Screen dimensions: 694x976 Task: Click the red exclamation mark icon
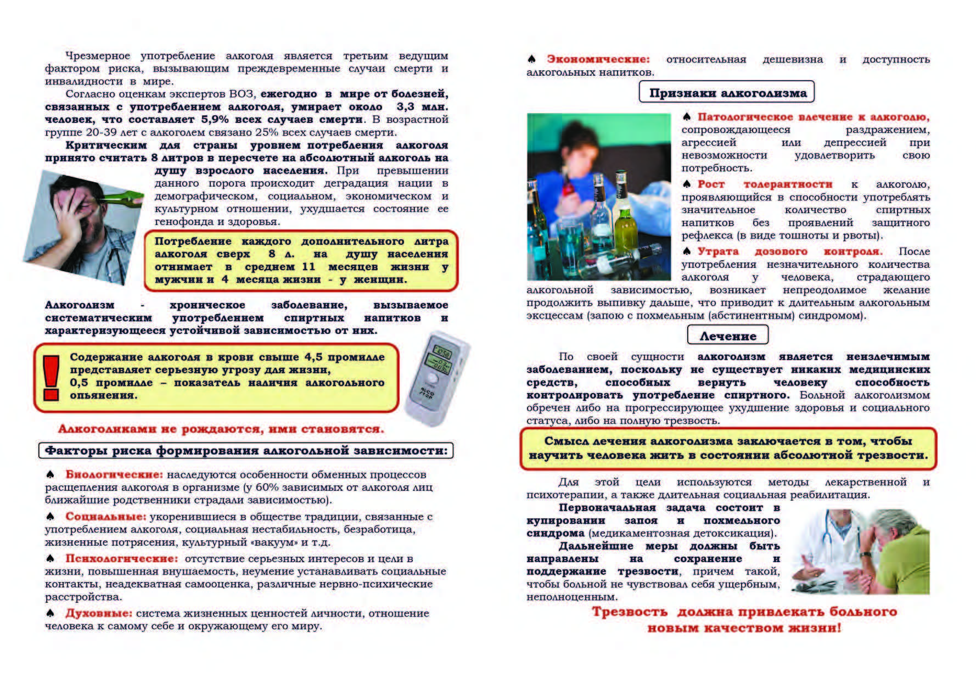[51, 377]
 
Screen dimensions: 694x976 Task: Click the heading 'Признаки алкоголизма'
[727, 93]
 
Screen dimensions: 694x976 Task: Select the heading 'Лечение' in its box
[727, 335]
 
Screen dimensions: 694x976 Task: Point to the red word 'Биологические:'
[114, 474]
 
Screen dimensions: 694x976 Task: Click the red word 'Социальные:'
[105, 517]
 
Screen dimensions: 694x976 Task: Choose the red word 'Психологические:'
[121, 558]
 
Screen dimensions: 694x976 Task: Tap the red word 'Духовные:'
[99, 613]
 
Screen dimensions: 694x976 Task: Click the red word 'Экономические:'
[598, 59]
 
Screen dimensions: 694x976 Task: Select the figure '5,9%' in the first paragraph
[215, 120]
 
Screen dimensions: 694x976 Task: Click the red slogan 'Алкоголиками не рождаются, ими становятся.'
[221, 429]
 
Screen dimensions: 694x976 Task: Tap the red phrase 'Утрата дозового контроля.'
[789, 251]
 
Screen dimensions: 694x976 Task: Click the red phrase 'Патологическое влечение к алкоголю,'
[814, 117]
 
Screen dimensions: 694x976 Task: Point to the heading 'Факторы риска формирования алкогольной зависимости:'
[246, 451]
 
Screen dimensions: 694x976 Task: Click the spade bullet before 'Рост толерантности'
[686, 184]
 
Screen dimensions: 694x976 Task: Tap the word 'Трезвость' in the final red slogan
[629, 612]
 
